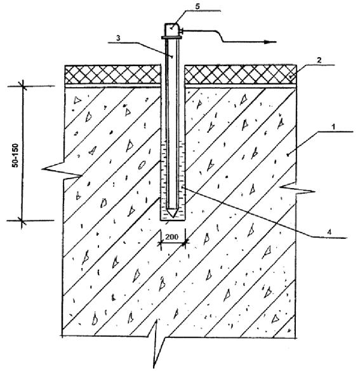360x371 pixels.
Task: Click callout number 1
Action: point(333,127)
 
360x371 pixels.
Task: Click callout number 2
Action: point(319,60)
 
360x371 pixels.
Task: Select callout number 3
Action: point(118,38)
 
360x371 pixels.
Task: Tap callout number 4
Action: point(329,232)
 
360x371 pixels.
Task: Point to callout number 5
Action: point(197,6)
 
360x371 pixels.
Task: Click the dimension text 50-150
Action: point(16,155)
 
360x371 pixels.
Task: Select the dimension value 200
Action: point(171,236)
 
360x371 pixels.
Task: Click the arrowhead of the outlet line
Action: point(270,42)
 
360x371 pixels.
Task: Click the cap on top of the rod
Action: point(172,30)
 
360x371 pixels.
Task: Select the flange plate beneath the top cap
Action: point(172,37)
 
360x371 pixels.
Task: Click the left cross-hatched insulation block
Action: point(112,74)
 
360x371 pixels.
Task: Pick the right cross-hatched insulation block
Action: point(240,74)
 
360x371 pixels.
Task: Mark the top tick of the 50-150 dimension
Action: point(23,86)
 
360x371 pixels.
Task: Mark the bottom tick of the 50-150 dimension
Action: point(22,220)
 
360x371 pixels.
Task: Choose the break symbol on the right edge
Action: point(297,188)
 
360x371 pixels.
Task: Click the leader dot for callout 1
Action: point(288,155)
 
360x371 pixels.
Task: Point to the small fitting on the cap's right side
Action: point(182,30)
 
